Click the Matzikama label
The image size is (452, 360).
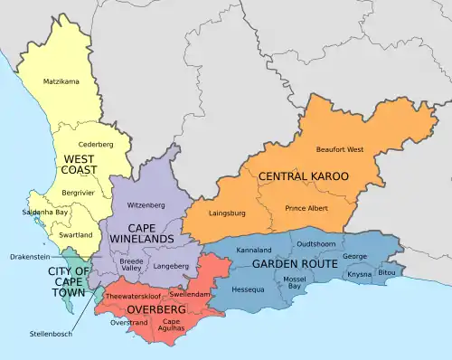point(61,82)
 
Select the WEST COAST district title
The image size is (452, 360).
point(81,166)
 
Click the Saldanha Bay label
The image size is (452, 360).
point(44,213)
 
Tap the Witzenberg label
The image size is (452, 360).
point(146,205)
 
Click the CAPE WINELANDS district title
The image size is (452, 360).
point(141,232)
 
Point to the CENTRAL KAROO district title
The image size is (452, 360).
point(303,176)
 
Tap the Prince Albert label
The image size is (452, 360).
point(307,209)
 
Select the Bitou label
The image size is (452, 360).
point(387,272)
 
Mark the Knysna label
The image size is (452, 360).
point(359,273)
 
